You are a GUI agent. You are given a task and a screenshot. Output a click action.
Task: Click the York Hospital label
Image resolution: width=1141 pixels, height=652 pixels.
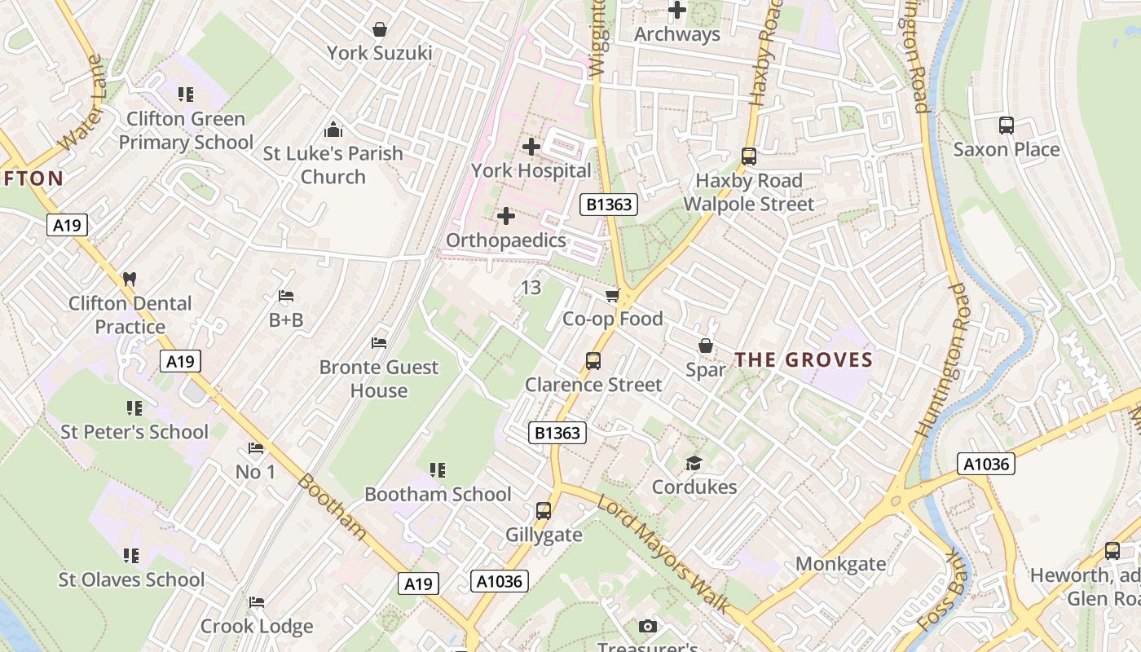click(531, 170)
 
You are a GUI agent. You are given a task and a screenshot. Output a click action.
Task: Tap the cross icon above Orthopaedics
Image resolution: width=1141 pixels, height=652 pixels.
click(506, 216)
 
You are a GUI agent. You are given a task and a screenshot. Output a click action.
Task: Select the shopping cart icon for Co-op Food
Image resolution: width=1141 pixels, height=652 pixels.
click(612, 295)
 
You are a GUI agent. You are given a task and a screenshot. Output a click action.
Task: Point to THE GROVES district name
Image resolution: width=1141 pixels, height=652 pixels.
click(804, 359)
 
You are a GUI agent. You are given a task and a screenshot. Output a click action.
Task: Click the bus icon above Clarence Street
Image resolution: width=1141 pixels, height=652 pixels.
click(593, 360)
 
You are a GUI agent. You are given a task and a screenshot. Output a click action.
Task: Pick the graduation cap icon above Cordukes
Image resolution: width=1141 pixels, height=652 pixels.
click(694, 463)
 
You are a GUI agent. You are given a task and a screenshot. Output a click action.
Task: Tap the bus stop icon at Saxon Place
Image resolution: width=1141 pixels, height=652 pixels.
click(1007, 126)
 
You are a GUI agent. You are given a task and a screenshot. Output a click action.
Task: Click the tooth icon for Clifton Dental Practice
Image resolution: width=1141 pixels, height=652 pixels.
click(129, 279)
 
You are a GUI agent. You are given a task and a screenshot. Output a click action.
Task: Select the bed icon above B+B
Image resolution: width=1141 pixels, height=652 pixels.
click(286, 296)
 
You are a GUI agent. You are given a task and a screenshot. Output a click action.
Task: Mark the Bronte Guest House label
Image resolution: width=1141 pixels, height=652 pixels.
click(379, 379)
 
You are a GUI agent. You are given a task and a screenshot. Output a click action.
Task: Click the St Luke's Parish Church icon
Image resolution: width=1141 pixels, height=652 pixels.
click(333, 130)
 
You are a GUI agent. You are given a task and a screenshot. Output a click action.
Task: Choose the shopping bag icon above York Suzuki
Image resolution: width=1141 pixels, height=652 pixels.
click(379, 29)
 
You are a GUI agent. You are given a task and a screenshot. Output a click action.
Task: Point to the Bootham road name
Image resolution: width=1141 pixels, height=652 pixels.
click(332, 505)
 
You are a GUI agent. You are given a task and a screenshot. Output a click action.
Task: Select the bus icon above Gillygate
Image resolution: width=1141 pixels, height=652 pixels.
click(544, 511)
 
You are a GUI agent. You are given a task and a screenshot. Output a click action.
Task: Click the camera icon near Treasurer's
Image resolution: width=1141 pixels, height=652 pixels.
click(648, 626)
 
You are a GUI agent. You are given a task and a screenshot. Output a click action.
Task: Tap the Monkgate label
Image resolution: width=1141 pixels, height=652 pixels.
click(840, 563)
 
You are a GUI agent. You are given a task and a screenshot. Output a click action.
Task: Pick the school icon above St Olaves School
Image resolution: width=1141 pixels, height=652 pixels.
click(131, 556)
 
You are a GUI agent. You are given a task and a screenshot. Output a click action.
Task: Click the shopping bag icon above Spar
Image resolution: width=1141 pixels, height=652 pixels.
click(706, 346)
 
